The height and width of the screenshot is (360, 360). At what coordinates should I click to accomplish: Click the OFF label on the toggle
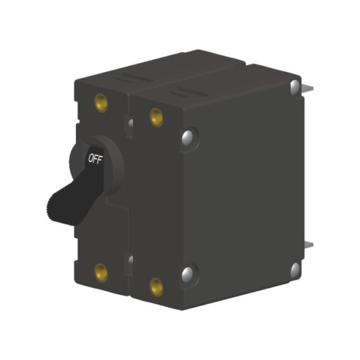click(94, 159)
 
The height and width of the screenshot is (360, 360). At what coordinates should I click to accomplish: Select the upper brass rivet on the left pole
click(101, 102)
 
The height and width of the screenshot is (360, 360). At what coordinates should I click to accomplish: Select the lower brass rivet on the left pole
click(100, 269)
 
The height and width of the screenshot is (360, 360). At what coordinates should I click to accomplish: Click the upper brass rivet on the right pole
click(156, 117)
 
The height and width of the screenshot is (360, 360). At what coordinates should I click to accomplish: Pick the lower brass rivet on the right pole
click(156, 287)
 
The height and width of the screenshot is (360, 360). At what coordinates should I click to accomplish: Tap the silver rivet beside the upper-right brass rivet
click(187, 137)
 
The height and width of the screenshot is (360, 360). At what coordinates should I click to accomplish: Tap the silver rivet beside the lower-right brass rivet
click(187, 273)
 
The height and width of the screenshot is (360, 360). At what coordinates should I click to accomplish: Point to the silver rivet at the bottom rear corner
click(295, 269)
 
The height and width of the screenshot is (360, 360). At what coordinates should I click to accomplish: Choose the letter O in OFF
click(89, 160)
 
